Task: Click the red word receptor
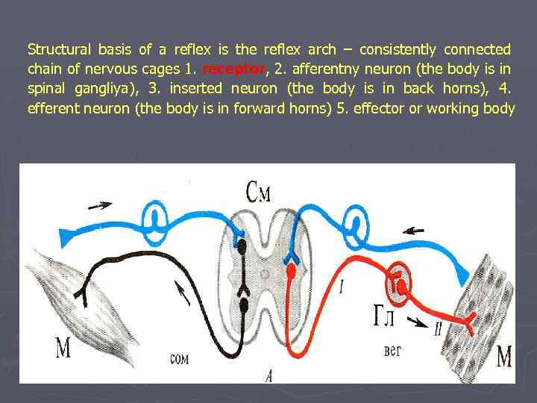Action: coord(234,69)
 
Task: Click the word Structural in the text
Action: coord(59,50)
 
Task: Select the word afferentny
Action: coord(330,69)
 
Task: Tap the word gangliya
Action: coord(96,89)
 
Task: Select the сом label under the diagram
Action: coord(179,357)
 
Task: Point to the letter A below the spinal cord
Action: coord(268,373)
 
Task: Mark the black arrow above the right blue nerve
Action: coord(414,229)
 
